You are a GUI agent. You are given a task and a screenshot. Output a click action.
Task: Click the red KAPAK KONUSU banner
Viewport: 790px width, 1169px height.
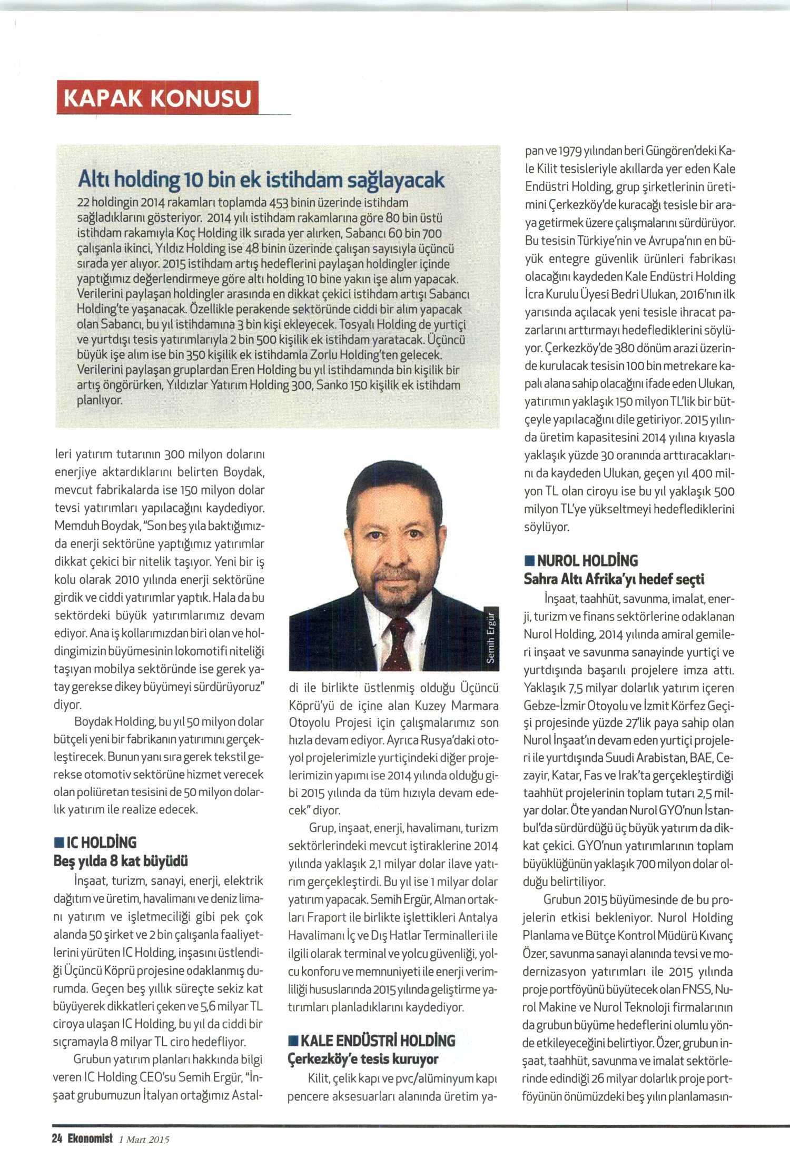[x=158, y=97]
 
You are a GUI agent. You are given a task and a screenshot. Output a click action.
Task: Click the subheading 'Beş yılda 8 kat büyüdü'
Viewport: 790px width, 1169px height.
[x=121, y=861]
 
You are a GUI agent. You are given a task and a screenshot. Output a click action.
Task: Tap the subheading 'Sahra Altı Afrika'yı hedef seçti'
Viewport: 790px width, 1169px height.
[x=614, y=579]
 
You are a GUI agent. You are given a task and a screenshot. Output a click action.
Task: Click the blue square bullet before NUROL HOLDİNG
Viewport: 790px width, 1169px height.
[x=528, y=560]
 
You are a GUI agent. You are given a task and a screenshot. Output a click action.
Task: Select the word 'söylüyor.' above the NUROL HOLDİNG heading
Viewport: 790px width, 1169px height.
[x=546, y=526]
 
